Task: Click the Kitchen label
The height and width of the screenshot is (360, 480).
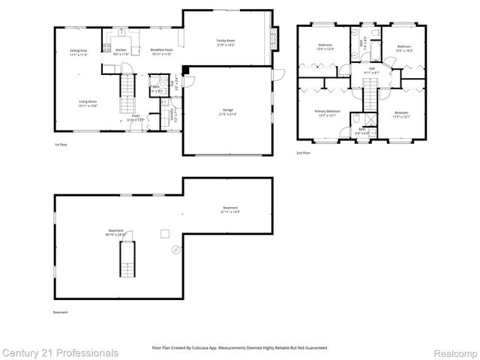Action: pos(121,50)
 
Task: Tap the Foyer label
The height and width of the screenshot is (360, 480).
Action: pos(136,116)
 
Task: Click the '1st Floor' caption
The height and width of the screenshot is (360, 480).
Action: pos(61,144)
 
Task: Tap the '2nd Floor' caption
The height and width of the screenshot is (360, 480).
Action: pos(304,152)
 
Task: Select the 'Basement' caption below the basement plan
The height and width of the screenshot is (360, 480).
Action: pos(60,312)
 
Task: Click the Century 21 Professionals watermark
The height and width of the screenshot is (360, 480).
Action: pos(59,352)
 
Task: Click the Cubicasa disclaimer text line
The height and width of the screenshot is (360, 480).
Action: pos(240,348)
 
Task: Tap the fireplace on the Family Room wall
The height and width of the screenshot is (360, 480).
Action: pos(274,35)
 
